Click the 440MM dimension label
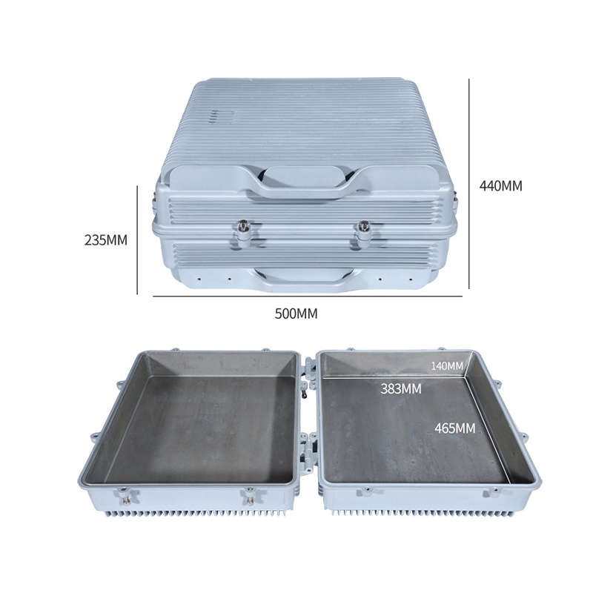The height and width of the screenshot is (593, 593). coord(500,186)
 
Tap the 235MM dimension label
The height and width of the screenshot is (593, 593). coord(106,240)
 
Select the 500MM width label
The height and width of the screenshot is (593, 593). coord(296,314)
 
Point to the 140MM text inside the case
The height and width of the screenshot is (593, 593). coord(447,365)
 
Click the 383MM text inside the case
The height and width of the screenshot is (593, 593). coord(401,388)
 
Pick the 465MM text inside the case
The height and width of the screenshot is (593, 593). coord(455,428)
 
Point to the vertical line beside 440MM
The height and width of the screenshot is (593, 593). coord(469,184)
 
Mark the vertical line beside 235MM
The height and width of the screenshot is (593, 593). coord(137,239)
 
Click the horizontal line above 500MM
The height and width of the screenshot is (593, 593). coord(308,296)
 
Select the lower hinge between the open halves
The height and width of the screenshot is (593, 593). coord(308,454)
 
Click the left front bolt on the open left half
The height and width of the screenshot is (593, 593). coord(126,498)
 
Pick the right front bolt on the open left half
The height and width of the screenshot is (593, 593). coord(250,498)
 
